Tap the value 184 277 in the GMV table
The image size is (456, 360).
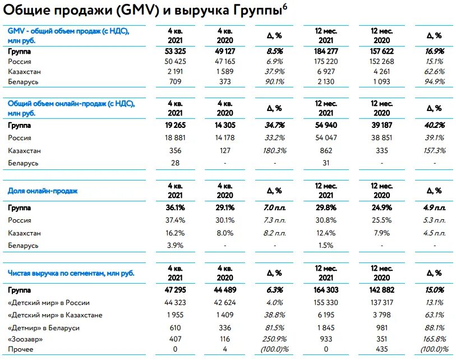tap(329, 51)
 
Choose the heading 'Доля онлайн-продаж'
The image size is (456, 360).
tap(42, 191)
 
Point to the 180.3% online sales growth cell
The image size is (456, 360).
tap(274, 150)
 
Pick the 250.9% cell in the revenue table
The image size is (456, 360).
tap(274, 339)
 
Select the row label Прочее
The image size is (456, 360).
tap(21, 349)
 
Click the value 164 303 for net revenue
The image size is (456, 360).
tap(329, 290)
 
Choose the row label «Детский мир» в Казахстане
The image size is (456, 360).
tap(55, 315)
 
